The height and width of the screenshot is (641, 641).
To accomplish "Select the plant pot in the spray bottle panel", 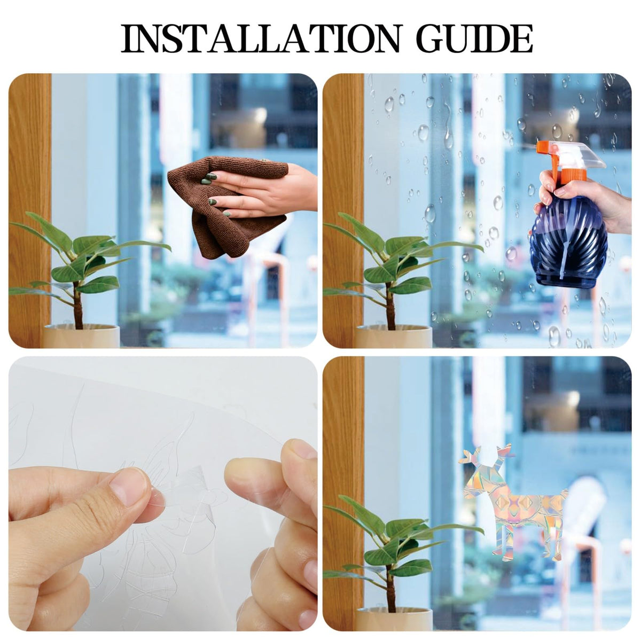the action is coord(394,337).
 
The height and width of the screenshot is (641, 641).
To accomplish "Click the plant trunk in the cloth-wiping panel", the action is coord(79,306).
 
